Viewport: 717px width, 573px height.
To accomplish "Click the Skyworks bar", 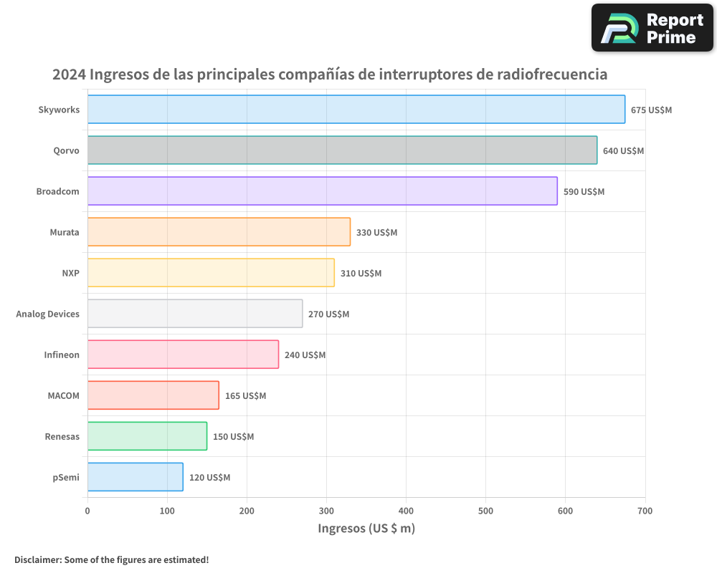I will (356, 110).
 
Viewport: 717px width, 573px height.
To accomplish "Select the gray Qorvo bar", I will (342, 150).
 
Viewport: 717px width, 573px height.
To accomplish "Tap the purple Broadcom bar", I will (323, 191).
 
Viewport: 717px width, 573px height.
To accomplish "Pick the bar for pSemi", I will (136, 477).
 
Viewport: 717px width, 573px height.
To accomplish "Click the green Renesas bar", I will (147, 436).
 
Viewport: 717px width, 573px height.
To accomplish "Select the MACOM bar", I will (153, 395).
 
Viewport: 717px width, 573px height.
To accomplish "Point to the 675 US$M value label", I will (651, 110).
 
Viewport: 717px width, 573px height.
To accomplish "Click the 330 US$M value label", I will (376, 233).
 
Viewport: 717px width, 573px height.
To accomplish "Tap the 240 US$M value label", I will (305, 355).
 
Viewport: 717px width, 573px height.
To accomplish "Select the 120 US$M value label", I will (209, 478).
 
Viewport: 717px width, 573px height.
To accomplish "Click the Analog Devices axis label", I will (48, 314).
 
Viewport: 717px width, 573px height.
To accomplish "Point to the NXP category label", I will (70, 273).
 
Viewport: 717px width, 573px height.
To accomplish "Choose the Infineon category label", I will (62, 355).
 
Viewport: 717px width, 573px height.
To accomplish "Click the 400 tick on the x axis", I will (406, 511).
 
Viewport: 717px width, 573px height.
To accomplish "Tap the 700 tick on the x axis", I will (645, 511).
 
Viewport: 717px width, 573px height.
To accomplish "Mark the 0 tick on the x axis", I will (87, 511).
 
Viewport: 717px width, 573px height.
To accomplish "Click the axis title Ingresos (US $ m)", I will (366, 529).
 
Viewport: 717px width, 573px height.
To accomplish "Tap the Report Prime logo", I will (652, 28).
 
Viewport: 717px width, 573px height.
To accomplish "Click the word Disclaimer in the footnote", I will (37, 559).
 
